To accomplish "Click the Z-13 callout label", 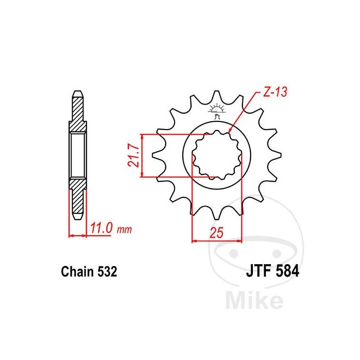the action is click(275, 92).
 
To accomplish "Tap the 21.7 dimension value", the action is click(134, 156).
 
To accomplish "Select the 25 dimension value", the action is click(216, 233).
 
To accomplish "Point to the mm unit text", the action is click(125, 229).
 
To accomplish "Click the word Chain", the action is click(77, 272).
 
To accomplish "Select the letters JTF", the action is click(258, 271).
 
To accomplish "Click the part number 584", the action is click(287, 271).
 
